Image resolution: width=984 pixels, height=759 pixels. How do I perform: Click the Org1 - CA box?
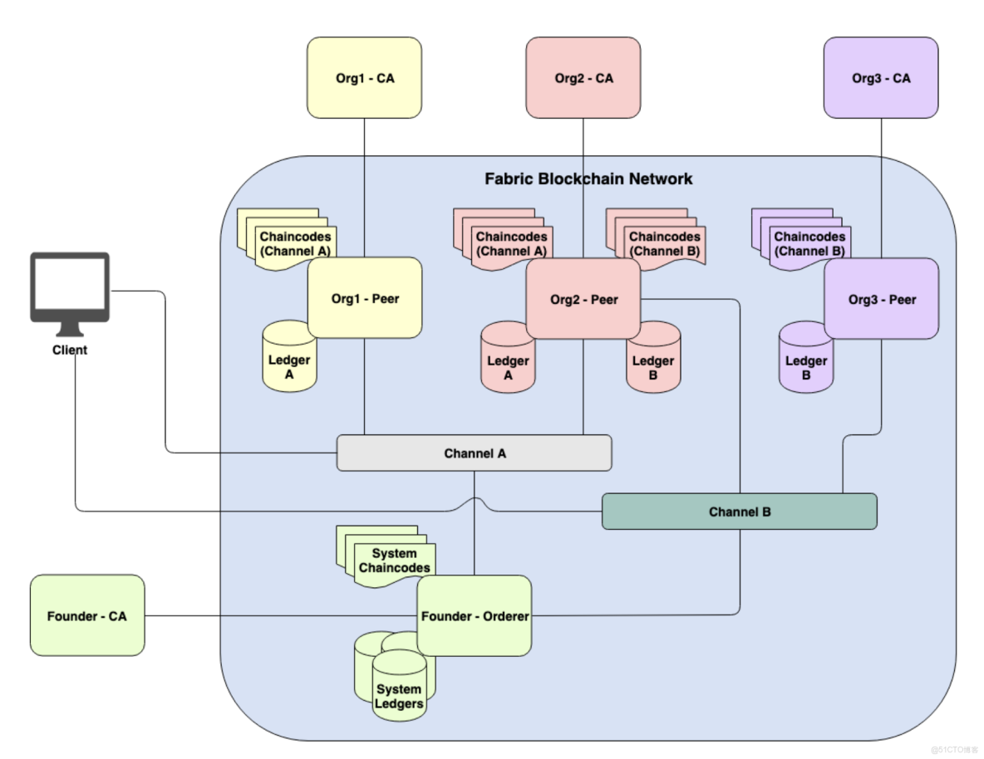[364, 79]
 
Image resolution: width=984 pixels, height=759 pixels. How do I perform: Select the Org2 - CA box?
[583, 79]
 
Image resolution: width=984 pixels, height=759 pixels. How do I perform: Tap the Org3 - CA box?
[881, 79]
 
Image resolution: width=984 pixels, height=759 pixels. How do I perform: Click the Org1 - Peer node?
[365, 298]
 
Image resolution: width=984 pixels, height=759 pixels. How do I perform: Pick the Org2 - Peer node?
[583, 299]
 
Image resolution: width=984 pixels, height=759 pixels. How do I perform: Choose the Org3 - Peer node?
[881, 299]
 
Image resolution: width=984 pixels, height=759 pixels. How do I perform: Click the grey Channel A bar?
[474, 453]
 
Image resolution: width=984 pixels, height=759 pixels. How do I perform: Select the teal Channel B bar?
[739, 512]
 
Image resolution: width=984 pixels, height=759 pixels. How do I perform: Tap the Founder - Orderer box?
[475, 616]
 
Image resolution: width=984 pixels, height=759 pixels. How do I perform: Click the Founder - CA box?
[86, 616]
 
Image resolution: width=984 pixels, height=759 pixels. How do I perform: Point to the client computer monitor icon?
[70, 286]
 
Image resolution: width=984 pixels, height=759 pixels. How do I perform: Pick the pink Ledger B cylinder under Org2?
[654, 362]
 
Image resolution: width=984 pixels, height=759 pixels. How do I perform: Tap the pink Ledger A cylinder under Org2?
[508, 362]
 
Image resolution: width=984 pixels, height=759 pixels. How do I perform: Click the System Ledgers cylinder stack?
[397, 685]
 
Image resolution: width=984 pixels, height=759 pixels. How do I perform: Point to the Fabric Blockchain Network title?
[588, 179]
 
